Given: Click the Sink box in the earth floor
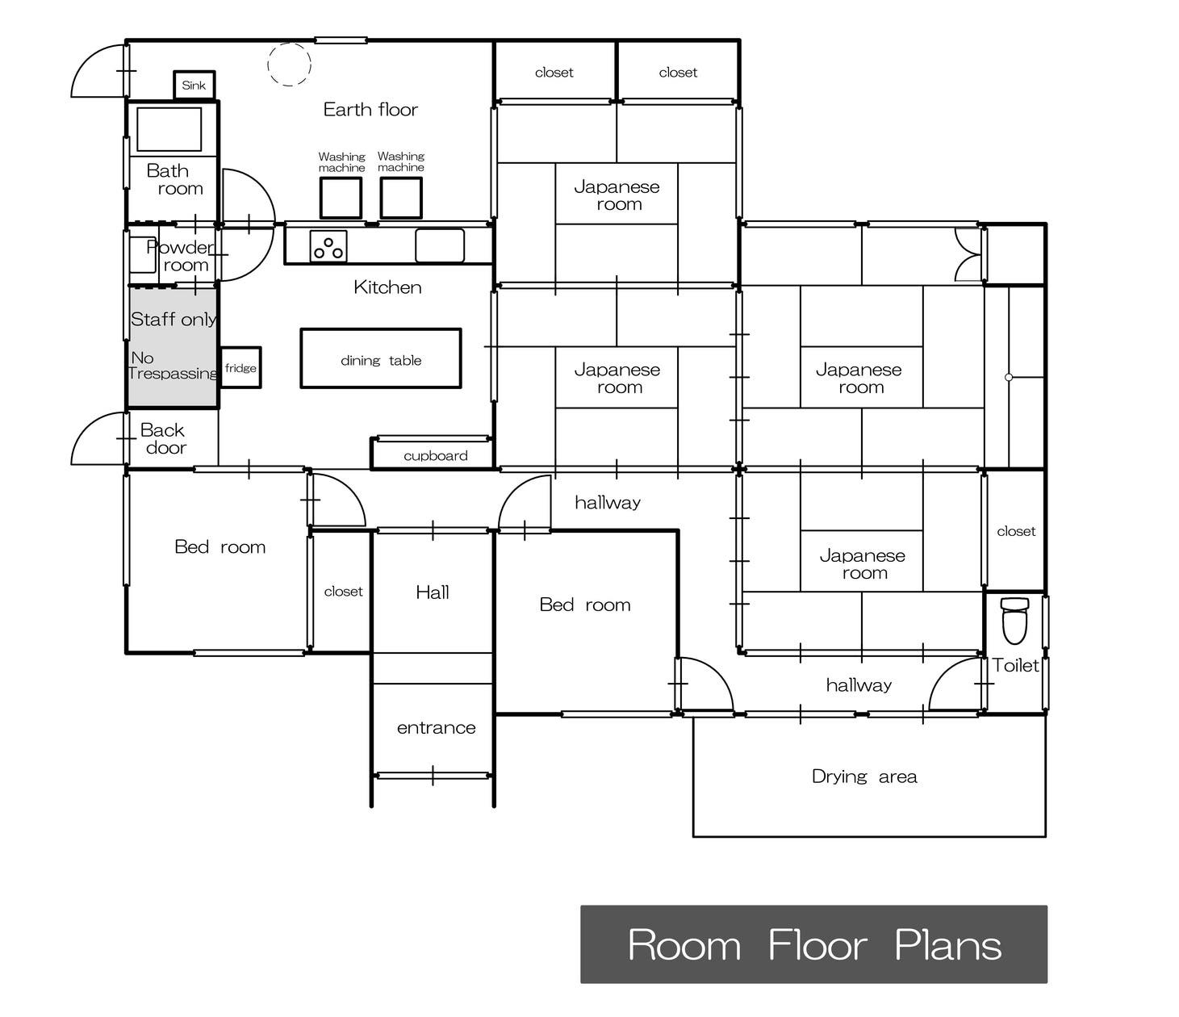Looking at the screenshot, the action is click(x=194, y=85).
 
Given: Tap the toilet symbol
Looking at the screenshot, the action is click(x=1014, y=621).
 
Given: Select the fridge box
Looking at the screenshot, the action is click(x=240, y=367).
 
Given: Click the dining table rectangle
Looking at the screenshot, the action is click(x=380, y=358).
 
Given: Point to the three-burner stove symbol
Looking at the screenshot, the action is click(x=328, y=246).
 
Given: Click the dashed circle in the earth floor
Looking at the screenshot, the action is click(x=289, y=65).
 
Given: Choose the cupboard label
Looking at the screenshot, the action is click(x=435, y=456).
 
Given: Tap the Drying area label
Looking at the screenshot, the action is click(x=864, y=776).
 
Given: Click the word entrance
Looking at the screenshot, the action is click(x=436, y=728).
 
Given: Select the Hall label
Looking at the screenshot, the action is click(x=433, y=592).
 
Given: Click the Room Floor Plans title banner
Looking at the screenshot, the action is click(x=813, y=944).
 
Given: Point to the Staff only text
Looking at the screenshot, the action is click(x=174, y=319).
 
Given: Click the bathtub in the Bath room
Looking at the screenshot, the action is click(x=169, y=129).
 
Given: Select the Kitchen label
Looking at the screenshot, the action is click(x=387, y=287).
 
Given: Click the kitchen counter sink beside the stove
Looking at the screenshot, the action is click(x=440, y=245).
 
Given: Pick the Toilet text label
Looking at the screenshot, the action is click(x=1015, y=665).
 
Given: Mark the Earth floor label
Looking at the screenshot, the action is click(x=370, y=109).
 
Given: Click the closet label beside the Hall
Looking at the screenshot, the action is click(x=343, y=592).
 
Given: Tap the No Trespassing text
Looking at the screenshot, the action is click(x=174, y=365).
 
